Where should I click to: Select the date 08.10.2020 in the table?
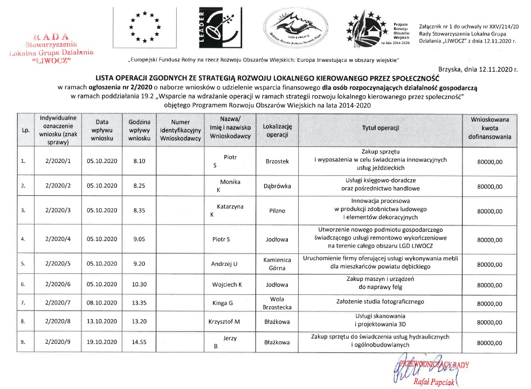pyautogui.click(x=102, y=303)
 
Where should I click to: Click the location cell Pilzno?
pyautogui.click(x=277, y=211)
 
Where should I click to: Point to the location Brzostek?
pyautogui.click(x=277, y=161)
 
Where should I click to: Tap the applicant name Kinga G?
pyautogui.click(x=226, y=303)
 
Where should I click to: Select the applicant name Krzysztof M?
pyautogui.click(x=224, y=322)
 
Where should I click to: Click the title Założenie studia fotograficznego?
pyautogui.click(x=380, y=303)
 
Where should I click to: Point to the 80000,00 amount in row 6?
pyautogui.click(x=489, y=285)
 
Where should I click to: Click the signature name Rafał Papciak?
pyautogui.click(x=433, y=382)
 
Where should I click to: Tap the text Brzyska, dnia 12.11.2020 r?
pyautogui.click(x=478, y=69)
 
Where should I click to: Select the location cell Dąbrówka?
pyautogui.click(x=277, y=186)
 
